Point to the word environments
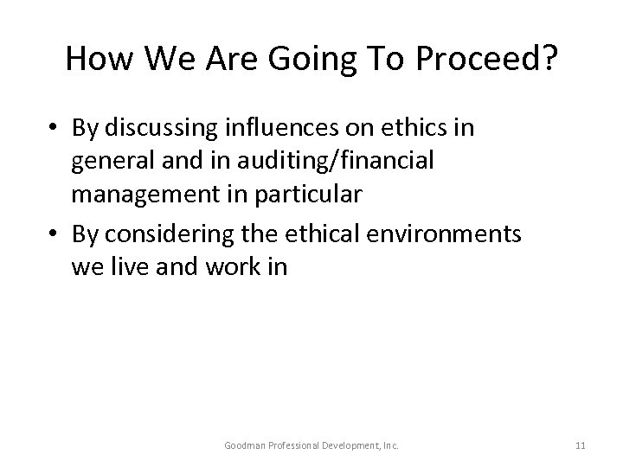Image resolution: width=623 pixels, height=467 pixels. point(443,236)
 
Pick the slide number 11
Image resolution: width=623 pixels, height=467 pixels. point(580,445)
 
